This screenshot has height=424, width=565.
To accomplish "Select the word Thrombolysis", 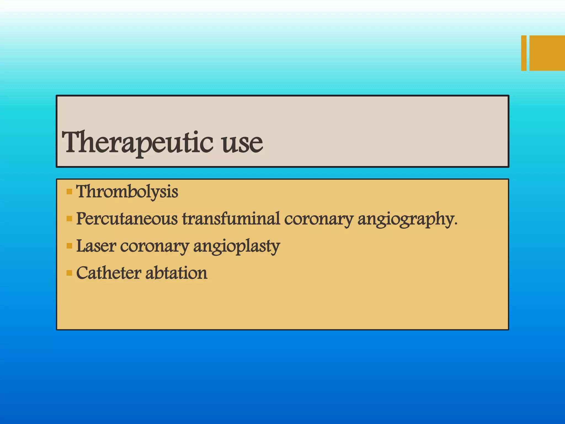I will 127,192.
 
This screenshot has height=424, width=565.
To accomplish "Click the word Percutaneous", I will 127,219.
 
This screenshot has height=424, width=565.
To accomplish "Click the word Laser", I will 96,246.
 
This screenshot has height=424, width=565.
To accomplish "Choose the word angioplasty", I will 236,247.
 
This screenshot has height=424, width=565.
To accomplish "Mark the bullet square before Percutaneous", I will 69,219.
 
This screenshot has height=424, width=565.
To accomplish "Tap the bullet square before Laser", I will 69,246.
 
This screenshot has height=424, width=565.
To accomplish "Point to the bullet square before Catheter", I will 69,273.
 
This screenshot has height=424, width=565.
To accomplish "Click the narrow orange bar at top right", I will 524,53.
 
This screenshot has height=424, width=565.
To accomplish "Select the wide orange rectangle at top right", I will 547,53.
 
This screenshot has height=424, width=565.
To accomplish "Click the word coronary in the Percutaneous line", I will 319,219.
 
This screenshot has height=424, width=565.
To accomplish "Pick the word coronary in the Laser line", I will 154,246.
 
